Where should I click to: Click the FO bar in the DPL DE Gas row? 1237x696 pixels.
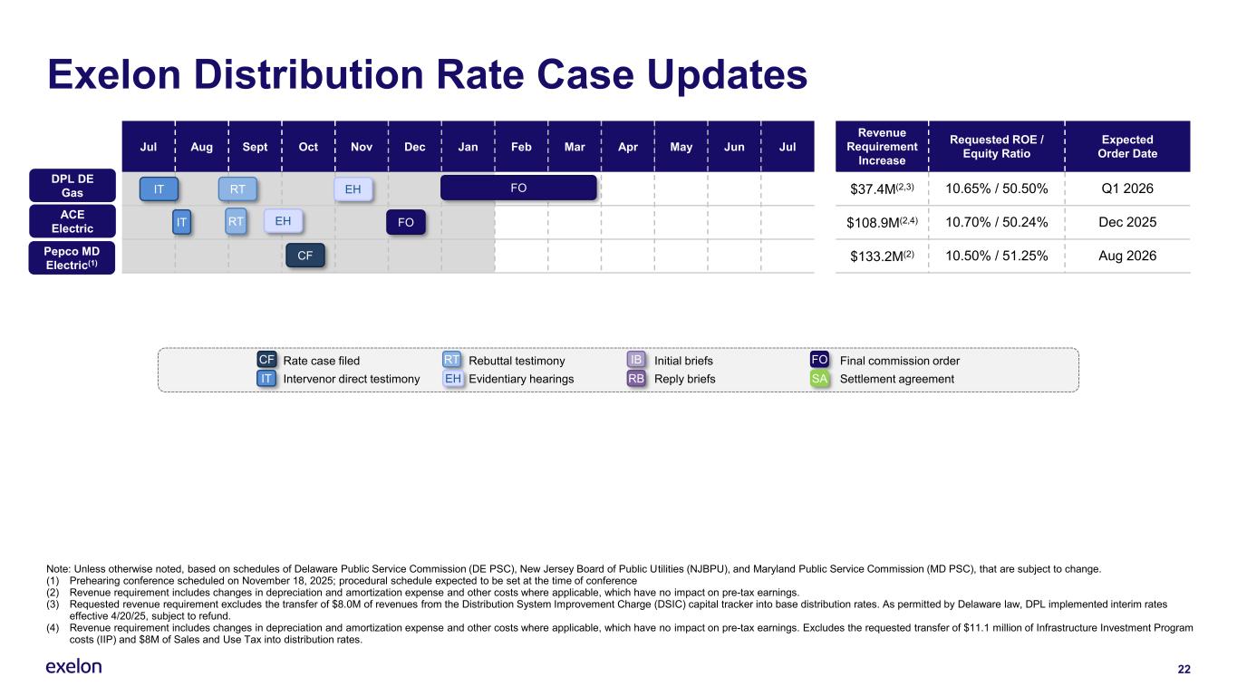pyautogui.click(x=518, y=188)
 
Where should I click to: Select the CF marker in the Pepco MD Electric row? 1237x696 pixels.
pyautogui.click(x=305, y=256)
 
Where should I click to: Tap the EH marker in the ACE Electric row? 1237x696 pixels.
pyautogui.click(x=283, y=221)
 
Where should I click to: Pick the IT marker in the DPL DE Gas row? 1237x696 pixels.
pyautogui.click(x=159, y=188)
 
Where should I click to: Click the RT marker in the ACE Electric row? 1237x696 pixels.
pyautogui.click(x=236, y=221)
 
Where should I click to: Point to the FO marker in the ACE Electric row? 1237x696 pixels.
pyautogui.click(x=405, y=222)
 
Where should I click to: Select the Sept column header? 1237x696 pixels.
pyautogui.click(x=254, y=146)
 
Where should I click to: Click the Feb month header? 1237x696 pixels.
pyautogui.click(x=521, y=146)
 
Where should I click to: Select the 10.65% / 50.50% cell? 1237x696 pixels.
pyautogui.click(x=997, y=188)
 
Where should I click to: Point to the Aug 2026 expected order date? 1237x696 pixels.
pyautogui.click(x=1127, y=256)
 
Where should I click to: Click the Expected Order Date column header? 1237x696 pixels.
pyautogui.click(x=1127, y=146)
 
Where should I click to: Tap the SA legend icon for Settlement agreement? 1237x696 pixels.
pyautogui.click(x=820, y=379)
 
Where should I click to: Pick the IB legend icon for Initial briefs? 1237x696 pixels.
pyautogui.click(x=636, y=361)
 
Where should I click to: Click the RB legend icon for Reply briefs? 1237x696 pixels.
pyautogui.click(x=636, y=379)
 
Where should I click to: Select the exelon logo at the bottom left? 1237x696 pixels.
pyautogui.click(x=73, y=667)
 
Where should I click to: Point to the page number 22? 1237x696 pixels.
pyautogui.click(x=1184, y=669)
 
